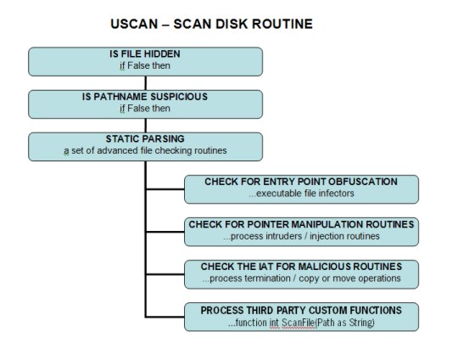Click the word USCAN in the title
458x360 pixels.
click(x=134, y=24)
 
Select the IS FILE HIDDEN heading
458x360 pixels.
click(x=145, y=53)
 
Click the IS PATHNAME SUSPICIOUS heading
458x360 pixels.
click(x=145, y=97)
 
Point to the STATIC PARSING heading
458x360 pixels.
click(x=145, y=138)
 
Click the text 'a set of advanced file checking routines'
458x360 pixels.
click(x=145, y=150)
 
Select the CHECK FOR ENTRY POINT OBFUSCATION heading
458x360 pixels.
click(x=301, y=182)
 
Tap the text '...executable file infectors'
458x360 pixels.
click(x=301, y=194)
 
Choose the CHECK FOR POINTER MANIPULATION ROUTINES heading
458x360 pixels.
click(x=301, y=224)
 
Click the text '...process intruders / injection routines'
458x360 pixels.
click(x=301, y=236)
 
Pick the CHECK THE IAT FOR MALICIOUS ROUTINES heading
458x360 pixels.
click(x=301, y=267)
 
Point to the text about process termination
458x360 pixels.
click(x=301, y=278)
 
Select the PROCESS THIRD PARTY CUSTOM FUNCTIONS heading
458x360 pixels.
click(x=301, y=310)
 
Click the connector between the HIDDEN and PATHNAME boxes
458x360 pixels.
click(x=146, y=83)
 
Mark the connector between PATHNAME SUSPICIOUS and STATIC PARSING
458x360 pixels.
click(x=146, y=126)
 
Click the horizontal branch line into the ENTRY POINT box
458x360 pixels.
click(x=165, y=189)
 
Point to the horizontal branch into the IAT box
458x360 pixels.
click(x=165, y=274)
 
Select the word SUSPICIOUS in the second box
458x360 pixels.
click(x=179, y=97)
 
